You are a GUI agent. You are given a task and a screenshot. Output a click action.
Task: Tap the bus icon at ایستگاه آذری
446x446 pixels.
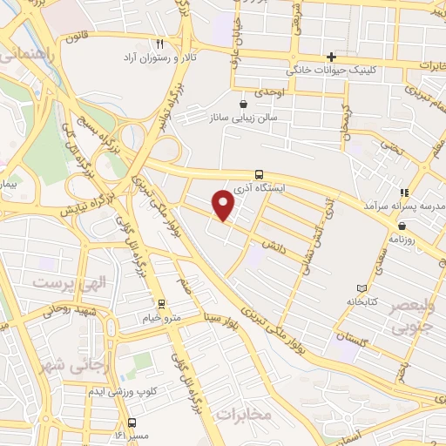click(259, 174)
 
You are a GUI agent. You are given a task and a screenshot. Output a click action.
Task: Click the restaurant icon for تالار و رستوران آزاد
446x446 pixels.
click(159, 43)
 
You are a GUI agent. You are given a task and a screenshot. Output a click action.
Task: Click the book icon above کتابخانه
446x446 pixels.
click(362, 288)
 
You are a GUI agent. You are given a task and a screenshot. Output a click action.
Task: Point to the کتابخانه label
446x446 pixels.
click(362, 301)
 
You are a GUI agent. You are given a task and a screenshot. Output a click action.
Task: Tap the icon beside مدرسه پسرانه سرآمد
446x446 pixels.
click(402, 193)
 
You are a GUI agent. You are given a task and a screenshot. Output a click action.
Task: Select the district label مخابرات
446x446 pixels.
click(245, 414)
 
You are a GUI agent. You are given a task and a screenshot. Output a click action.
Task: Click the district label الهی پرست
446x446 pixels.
click(62, 283)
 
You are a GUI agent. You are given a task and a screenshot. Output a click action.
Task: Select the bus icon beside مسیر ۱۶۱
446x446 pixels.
click(132, 422)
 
